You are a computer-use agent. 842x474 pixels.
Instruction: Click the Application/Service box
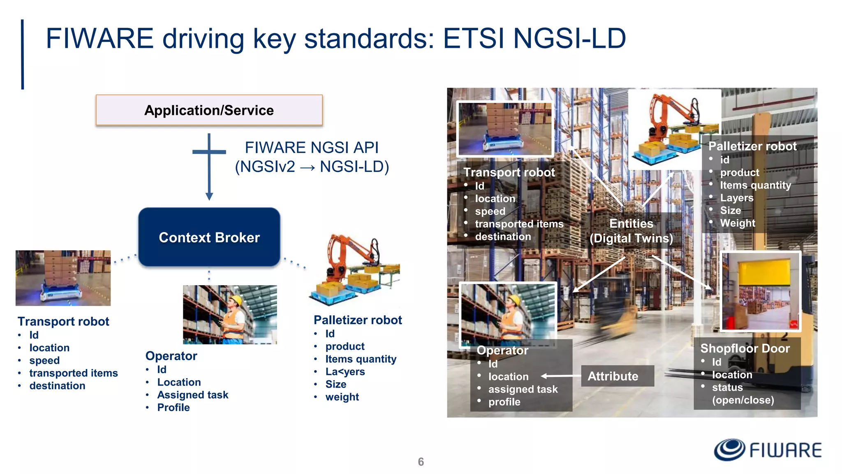pos(209,110)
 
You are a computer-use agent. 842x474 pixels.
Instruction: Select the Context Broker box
pos(209,237)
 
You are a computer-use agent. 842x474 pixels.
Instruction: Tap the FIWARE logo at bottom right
pos(767,450)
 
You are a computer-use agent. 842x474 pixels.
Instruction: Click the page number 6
pos(421,462)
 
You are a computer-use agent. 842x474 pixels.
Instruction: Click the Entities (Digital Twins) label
pos(631,231)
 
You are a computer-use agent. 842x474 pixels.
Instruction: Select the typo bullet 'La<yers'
pos(345,372)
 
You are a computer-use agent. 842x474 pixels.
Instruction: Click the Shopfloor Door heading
pos(745,349)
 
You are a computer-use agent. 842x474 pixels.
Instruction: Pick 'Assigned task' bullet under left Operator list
pos(192,395)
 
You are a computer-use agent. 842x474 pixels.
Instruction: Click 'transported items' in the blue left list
pos(73,373)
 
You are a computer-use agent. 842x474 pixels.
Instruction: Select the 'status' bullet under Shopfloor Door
pos(727,388)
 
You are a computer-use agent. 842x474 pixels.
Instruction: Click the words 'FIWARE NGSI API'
pos(311,148)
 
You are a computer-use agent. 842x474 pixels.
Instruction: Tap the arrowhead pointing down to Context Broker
pos(209,196)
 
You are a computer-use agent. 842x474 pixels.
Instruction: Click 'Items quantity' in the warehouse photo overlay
pos(755,185)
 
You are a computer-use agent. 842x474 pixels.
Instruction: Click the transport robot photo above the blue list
pos(63,278)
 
